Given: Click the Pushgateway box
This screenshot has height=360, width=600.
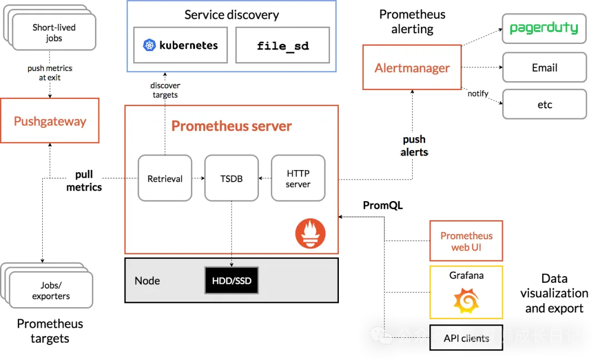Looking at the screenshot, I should tap(50, 121).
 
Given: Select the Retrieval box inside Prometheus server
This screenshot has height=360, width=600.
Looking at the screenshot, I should tap(165, 178).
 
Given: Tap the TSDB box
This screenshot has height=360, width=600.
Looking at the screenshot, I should tap(231, 178).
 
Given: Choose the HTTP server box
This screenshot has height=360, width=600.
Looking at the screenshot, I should tap(298, 178).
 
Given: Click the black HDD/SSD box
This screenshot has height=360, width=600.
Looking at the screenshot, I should tap(232, 281).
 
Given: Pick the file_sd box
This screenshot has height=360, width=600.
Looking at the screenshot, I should tap(283, 46).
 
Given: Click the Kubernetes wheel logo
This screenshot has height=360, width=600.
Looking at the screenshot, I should tap(149, 46).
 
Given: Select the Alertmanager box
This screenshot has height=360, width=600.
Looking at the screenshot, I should tap(412, 68).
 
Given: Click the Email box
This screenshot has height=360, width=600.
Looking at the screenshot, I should tap(544, 68).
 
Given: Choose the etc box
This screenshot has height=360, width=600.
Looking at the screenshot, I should tap(544, 104).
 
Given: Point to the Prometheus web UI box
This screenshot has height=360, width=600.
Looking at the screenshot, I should tap(466, 241).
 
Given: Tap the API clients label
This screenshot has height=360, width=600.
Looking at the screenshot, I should tap(466, 338).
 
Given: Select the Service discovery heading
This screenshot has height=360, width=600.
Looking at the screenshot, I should tap(232, 15).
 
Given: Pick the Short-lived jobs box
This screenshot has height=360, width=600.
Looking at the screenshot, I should tap(53, 33).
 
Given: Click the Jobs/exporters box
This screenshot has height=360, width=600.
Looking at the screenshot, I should tap(51, 291).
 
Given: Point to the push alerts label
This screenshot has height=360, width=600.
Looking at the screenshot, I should tap(414, 146).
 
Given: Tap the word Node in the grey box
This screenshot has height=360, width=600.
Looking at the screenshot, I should tap(147, 281).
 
